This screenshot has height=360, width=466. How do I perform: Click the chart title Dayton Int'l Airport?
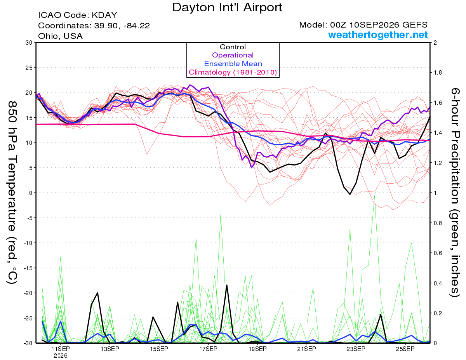tap(227, 7)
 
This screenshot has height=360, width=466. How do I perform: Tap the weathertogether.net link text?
tap(377, 35)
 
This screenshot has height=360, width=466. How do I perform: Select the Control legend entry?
tap(233, 47)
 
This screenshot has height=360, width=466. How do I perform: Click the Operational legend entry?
tap(233, 55)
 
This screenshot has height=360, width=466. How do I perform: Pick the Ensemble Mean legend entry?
tap(233, 64)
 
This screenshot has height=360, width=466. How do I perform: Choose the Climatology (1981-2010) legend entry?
tap(233, 72)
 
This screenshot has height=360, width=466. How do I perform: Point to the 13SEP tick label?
tap(110, 349)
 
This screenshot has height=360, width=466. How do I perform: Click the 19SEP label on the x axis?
tap(257, 349)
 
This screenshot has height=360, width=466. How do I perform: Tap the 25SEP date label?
tap(405, 349)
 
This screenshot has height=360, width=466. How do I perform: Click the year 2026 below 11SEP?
tap(61, 356)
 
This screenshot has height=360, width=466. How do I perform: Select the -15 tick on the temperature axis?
tap(28, 268)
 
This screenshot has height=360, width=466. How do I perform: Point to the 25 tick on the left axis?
tap(29, 68)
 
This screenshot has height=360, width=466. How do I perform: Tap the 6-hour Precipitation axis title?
tap(455, 193)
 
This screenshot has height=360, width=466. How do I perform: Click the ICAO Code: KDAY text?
tap(78, 15)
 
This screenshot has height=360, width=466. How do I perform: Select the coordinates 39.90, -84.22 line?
tap(94, 26)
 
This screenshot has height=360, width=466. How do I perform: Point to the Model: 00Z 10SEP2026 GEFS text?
tap(363, 25)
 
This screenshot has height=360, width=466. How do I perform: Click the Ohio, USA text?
tap(60, 36)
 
